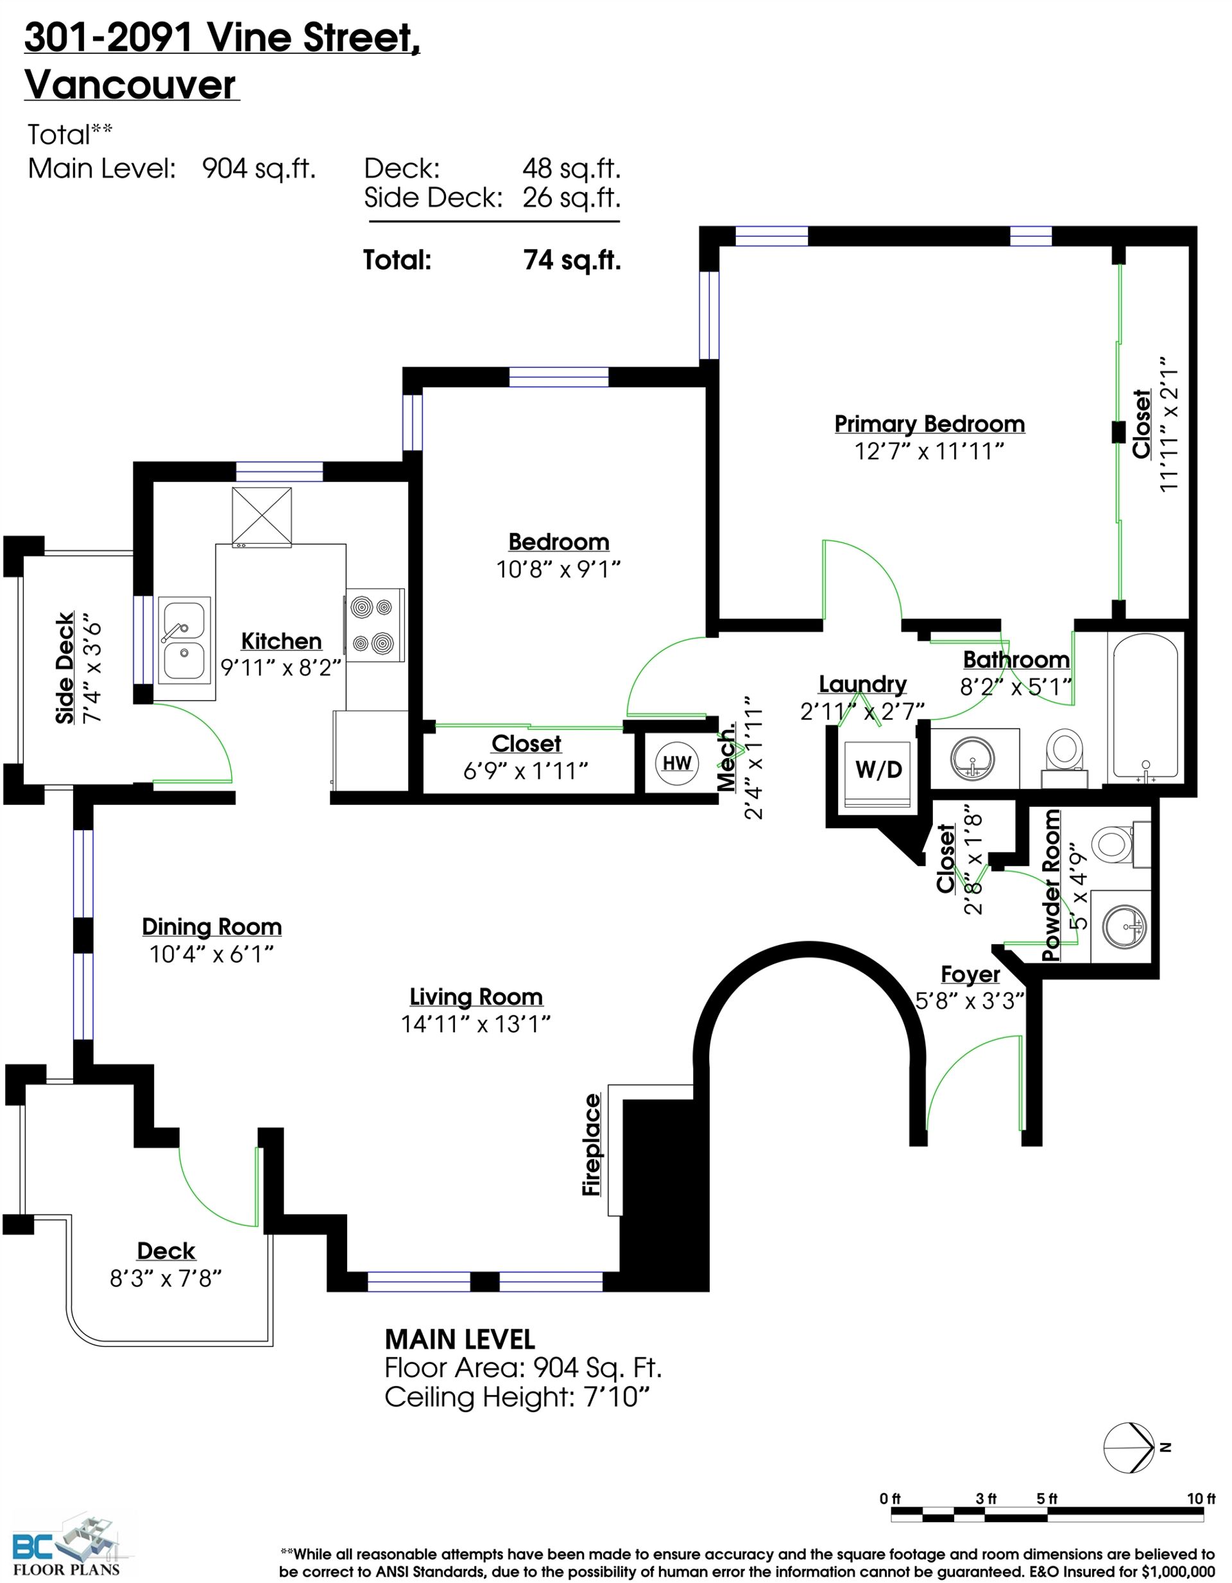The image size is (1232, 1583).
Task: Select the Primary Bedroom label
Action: pos(929,424)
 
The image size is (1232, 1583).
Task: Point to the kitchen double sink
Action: pos(184,641)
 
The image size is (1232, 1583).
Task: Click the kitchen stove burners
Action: pos(375,624)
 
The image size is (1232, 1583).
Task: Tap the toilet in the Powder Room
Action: pos(1120,844)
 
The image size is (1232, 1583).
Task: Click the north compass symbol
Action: pos(1131,1448)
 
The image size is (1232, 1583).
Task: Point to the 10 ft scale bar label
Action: pos(1201,1498)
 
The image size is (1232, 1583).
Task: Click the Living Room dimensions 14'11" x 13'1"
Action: pos(476,1024)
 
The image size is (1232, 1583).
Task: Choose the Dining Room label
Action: pos(212,927)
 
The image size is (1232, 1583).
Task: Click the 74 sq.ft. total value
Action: pos(572,259)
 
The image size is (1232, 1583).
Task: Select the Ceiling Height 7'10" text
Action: pos(517,1397)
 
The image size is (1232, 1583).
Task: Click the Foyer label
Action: pos(970,975)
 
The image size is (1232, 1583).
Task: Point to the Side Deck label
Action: pos(65,668)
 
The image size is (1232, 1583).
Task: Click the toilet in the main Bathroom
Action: pos(1065,757)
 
